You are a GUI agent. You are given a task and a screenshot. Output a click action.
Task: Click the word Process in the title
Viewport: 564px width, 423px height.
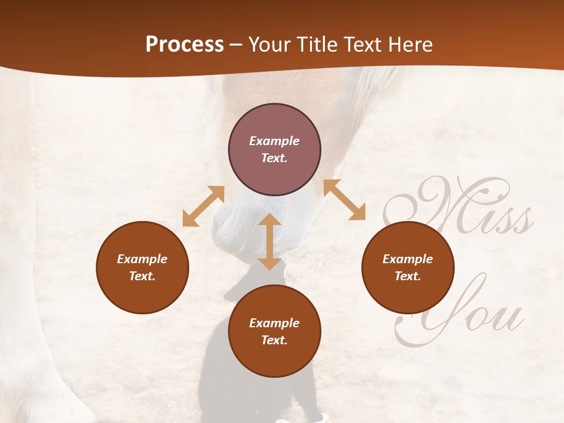point(184,45)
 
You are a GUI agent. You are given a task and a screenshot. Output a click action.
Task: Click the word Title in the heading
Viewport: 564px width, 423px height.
point(313,45)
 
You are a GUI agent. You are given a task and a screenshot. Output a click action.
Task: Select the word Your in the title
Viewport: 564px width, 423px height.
point(269,45)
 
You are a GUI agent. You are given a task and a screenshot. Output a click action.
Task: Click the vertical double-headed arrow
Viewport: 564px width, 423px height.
point(270,241)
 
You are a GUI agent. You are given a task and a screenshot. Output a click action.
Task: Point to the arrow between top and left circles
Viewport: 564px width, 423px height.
point(203,206)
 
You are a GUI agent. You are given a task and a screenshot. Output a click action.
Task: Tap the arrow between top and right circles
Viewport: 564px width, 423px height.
point(344,200)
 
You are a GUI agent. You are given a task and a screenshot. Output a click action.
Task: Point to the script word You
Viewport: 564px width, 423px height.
point(464,311)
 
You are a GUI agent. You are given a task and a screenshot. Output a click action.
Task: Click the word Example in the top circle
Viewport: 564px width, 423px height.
point(274,141)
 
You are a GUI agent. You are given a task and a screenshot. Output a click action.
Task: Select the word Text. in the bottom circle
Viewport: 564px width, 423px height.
point(274,340)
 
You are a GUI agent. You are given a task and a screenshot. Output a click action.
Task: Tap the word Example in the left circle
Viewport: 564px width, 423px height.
point(142,259)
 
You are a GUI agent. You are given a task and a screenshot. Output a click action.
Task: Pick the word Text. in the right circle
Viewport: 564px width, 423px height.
point(408,276)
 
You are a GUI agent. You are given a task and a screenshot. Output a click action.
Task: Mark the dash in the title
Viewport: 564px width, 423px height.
point(236,45)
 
